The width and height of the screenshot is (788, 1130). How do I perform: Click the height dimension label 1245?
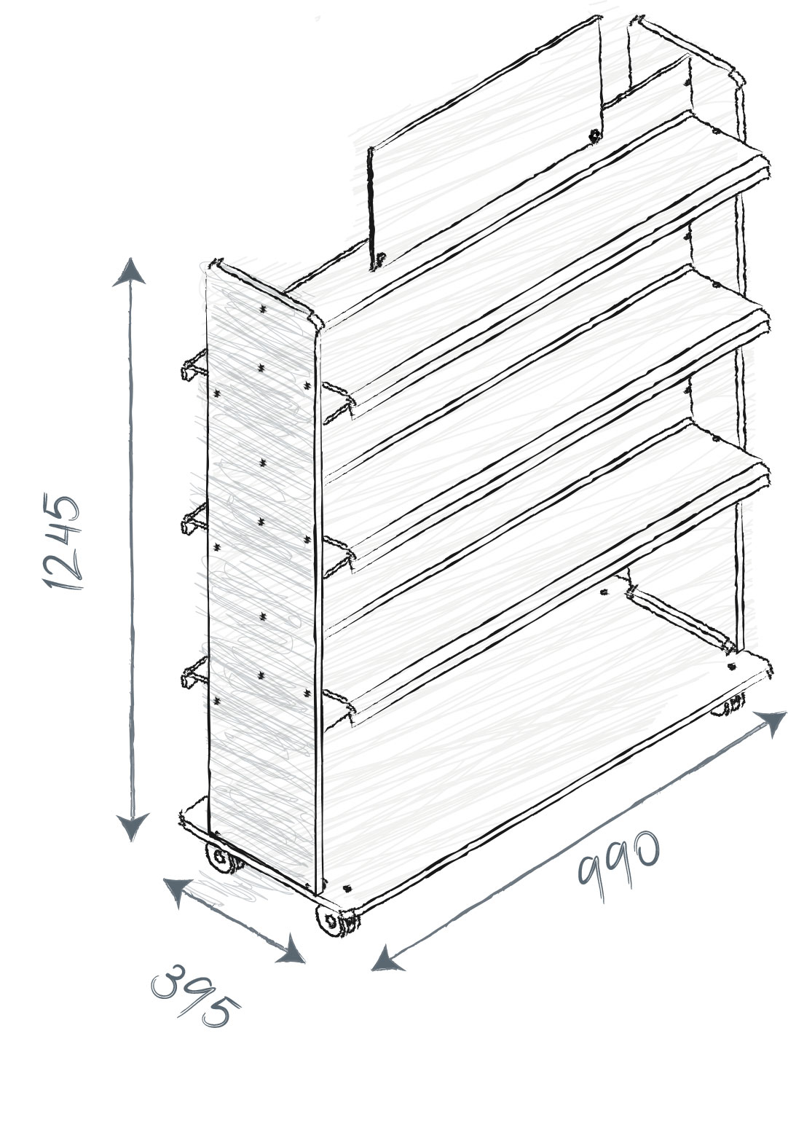tap(62, 542)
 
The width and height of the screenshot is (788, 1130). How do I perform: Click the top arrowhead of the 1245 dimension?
tap(129, 272)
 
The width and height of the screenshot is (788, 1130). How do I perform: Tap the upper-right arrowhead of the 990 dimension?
tap(771, 723)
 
